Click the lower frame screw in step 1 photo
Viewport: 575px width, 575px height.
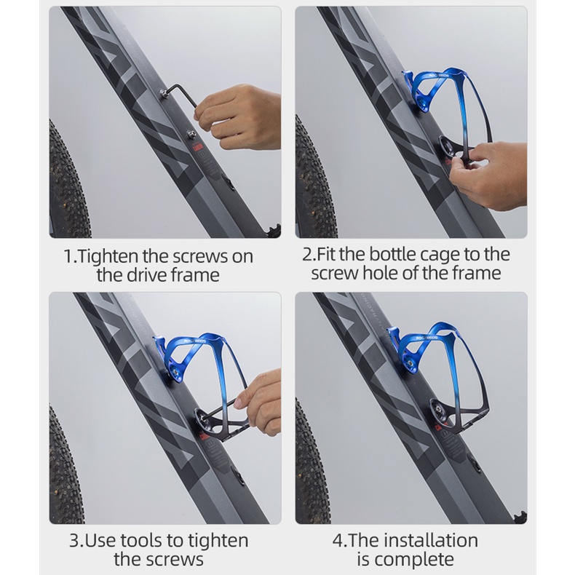pos(190,135)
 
